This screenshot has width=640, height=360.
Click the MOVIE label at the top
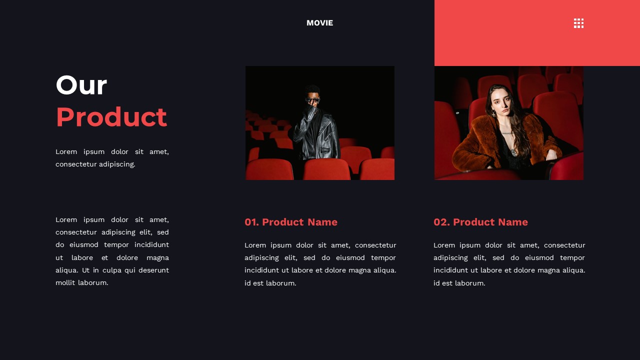coord(319,23)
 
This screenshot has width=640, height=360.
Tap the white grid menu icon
coord(578,23)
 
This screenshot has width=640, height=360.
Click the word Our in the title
coord(81,85)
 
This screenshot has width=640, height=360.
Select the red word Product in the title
coord(111,117)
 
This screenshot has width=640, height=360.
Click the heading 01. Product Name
coord(290,222)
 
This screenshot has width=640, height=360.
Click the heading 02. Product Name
coord(480,222)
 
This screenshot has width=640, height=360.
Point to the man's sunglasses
coord(312,100)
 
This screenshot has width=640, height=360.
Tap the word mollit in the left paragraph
coord(65,282)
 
